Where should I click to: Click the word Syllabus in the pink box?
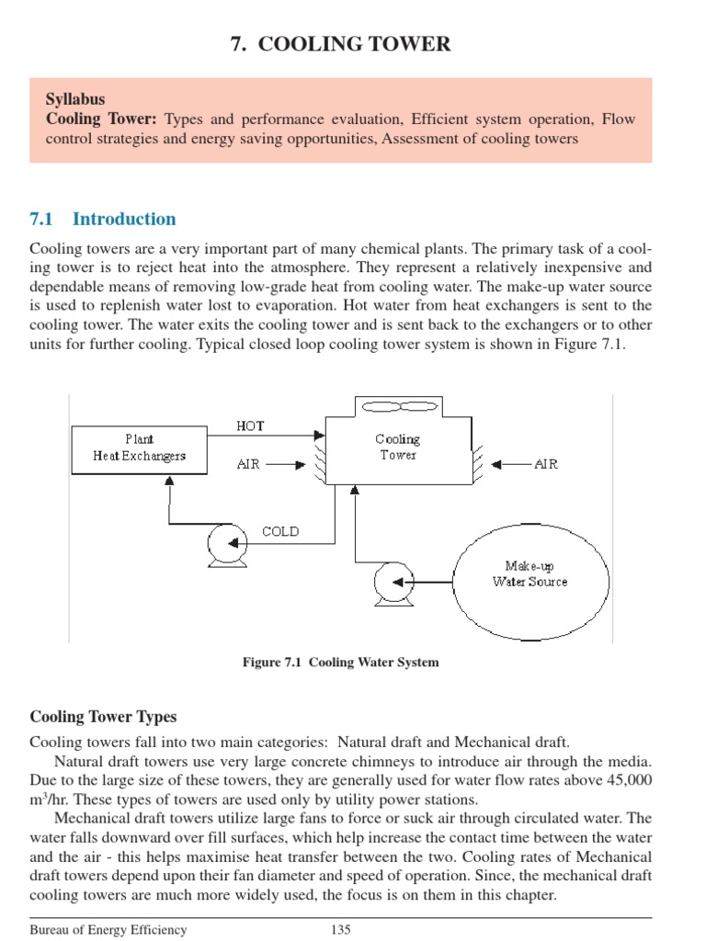click(75, 98)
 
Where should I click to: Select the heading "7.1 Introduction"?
click(103, 219)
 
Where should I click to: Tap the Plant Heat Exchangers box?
click(140, 448)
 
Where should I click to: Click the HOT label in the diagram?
click(250, 426)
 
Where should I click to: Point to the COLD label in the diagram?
click(280, 531)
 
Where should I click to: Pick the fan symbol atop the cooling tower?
click(398, 407)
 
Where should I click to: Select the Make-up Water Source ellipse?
click(529, 573)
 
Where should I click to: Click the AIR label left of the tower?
click(248, 464)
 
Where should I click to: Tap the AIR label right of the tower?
click(546, 464)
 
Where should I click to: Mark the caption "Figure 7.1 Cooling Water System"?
click(341, 663)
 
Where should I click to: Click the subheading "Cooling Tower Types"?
click(103, 717)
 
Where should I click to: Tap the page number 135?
click(341, 930)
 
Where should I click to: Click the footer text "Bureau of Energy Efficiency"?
click(108, 930)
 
